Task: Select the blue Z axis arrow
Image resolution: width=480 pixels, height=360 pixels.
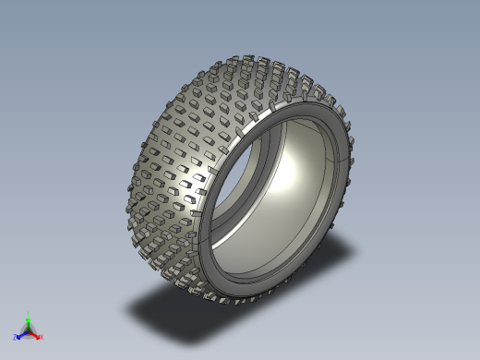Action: [21, 334]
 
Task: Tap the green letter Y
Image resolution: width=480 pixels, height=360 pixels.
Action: [29, 313]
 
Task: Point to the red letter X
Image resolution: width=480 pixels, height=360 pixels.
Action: [42, 338]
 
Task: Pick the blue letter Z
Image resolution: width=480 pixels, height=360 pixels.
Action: [16, 337]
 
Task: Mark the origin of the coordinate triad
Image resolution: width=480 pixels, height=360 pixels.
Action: [29, 331]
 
